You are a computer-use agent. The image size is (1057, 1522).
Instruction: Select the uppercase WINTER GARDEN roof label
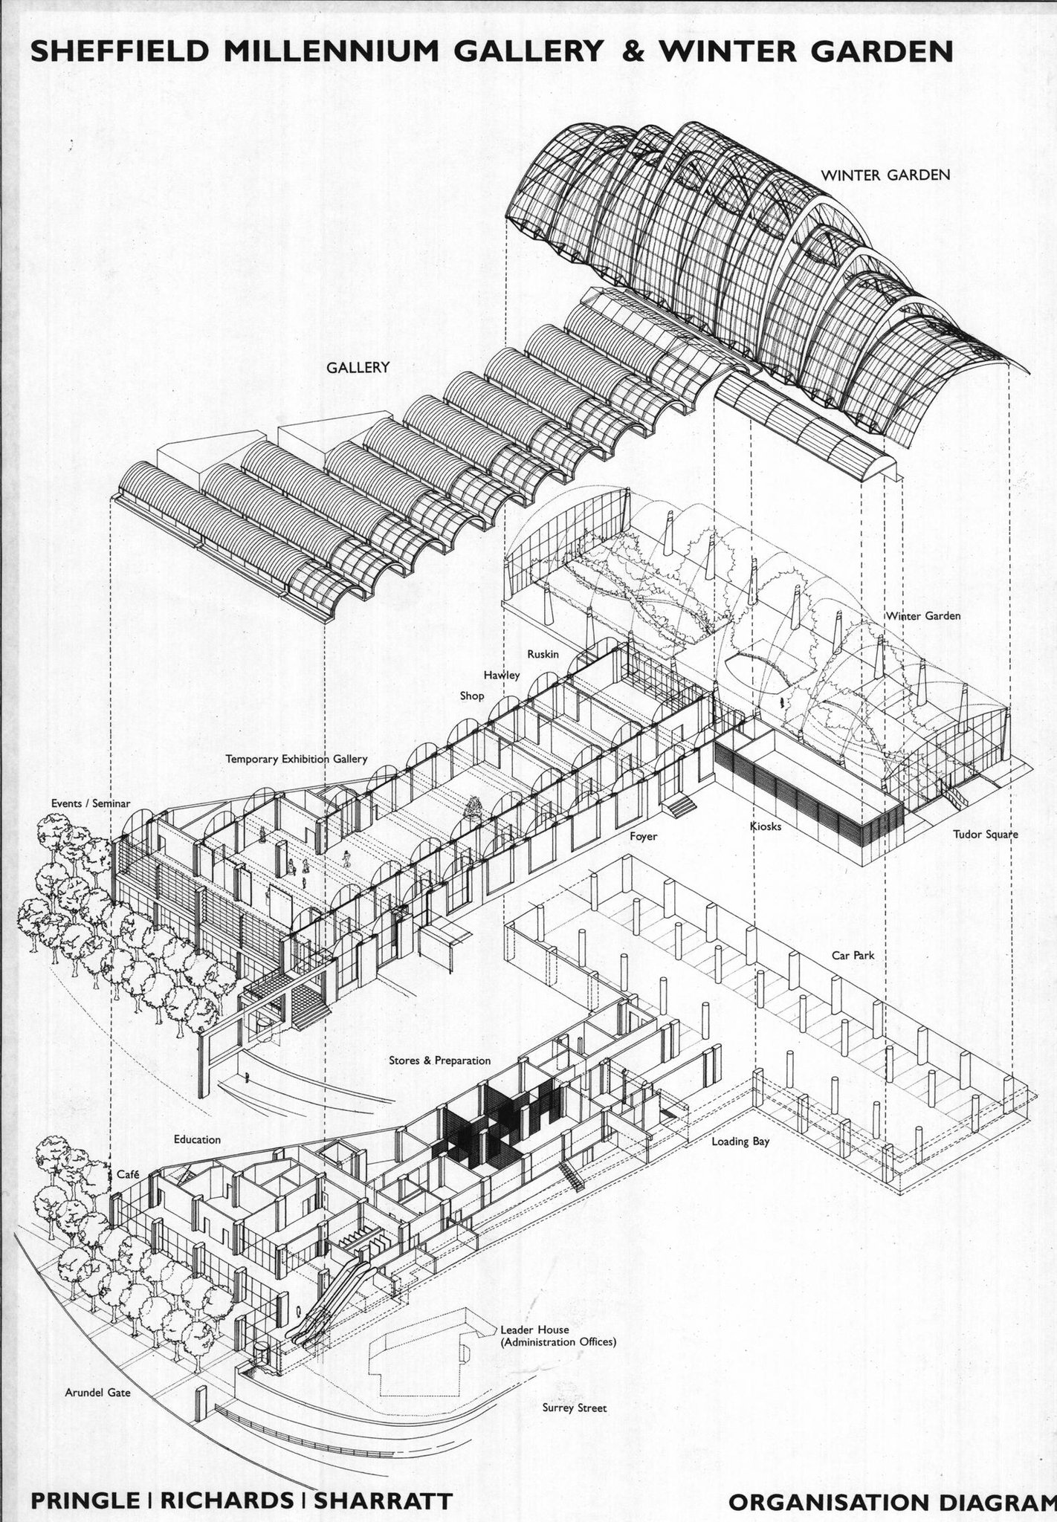pyautogui.click(x=885, y=175)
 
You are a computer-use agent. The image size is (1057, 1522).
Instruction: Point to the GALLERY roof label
pyautogui.click(x=358, y=367)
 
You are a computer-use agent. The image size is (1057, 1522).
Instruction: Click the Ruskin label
pyautogui.click(x=543, y=655)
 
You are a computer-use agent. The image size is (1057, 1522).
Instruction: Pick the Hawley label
pyautogui.click(x=502, y=676)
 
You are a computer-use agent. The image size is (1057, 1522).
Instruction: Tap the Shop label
pyautogui.click(x=472, y=696)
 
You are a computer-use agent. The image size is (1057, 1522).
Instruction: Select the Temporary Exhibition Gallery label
pyautogui.click(x=297, y=760)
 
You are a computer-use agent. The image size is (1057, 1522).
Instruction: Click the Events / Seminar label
pyautogui.click(x=91, y=803)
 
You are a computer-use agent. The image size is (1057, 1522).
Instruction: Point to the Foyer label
pyautogui.click(x=643, y=837)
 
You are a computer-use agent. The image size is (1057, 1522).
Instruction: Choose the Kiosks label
pyautogui.click(x=766, y=826)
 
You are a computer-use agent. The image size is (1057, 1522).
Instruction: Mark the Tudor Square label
pyautogui.click(x=986, y=835)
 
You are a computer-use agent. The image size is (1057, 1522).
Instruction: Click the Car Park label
pyautogui.click(x=853, y=955)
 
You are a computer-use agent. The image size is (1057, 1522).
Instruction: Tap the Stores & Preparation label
pyautogui.click(x=439, y=1060)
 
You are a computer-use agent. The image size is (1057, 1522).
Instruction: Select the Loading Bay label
pyautogui.click(x=740, y=1141)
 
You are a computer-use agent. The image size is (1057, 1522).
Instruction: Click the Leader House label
pyautogui.click(x=534, y=1330)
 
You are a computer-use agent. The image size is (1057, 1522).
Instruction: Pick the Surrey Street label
pyautogui.click(x=575, y=1408)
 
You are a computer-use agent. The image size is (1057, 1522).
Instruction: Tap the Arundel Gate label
pyautogui.click(x=97, y=1393)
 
